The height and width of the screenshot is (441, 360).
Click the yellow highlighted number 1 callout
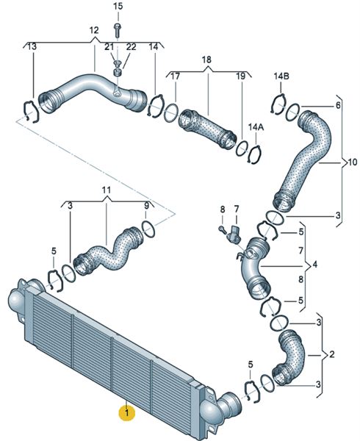[127, 413]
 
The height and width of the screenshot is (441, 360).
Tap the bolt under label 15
[118, 30]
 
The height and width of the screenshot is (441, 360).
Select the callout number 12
[94, 30]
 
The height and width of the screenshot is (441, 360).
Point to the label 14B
[281, 76]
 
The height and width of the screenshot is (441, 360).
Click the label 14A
[256, 127]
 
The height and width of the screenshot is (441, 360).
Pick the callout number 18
[206, 60]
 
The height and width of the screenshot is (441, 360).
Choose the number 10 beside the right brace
[353, 162]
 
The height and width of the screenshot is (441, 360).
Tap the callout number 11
[107, 190]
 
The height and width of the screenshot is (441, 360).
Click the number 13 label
[32, 46]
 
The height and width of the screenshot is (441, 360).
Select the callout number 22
[131, 47]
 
